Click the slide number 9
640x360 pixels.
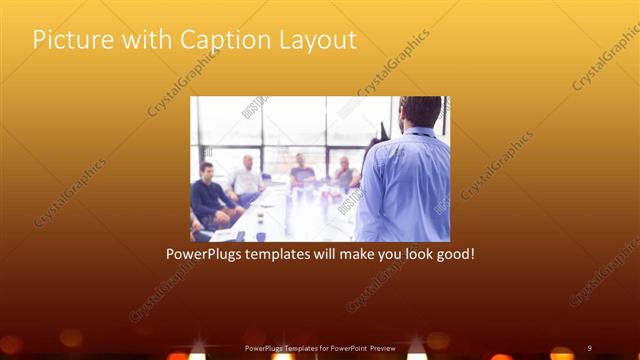coord(590,347)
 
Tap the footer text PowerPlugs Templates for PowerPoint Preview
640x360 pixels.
coord(320,347)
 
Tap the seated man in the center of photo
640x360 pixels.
coord(301,172)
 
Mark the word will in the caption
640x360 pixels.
coord(343,254)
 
